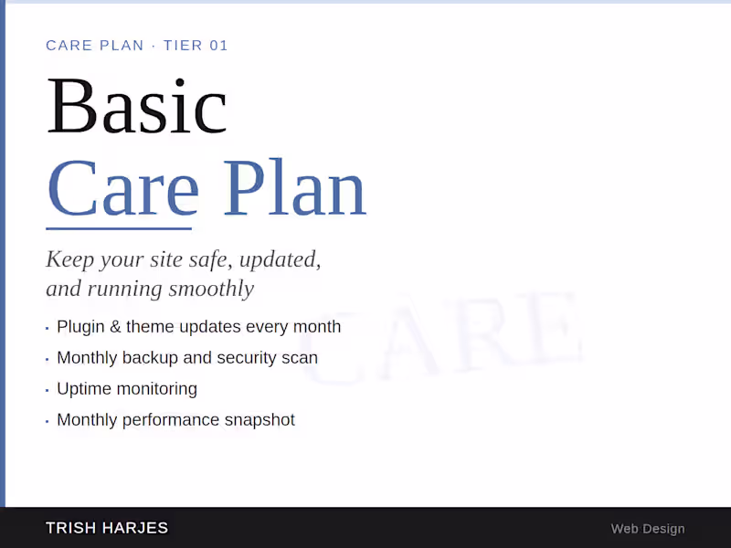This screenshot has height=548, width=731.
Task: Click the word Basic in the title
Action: point(137,107)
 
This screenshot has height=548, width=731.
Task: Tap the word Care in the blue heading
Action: point(122,189)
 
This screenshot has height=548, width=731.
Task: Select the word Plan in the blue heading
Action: point(294,189)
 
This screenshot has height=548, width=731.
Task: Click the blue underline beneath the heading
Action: point(119,228)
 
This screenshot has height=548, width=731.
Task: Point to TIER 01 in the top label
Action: point(196,46)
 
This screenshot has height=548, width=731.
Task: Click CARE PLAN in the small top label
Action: point(94,46)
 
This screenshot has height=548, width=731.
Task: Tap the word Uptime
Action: point(86,389)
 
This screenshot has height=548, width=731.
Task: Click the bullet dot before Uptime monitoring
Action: point(47,390)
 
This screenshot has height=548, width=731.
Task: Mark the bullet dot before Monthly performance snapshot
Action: point(47,421)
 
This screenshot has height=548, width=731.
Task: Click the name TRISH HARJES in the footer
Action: point(107,528)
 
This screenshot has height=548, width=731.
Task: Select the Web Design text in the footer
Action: point(647,529)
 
